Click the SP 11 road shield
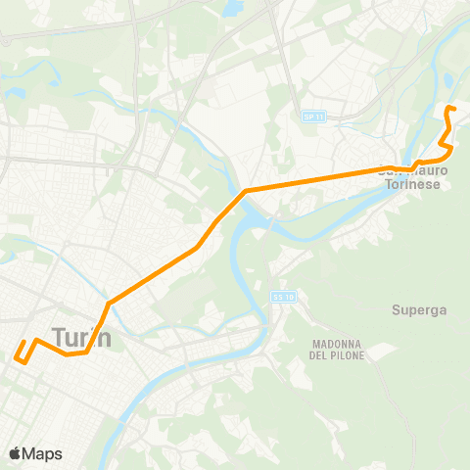(x=311, y=117)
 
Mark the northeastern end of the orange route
(x=447, y=108)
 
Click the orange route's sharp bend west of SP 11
(x=246, y=190)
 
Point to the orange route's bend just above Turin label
(x=108, y=302)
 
